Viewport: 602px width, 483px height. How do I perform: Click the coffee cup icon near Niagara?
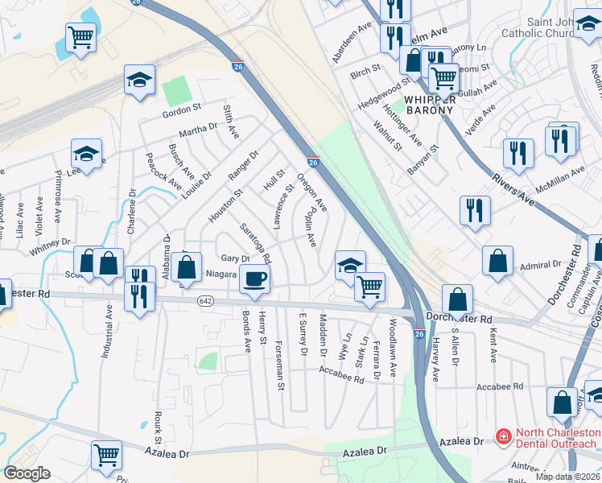(255, 279)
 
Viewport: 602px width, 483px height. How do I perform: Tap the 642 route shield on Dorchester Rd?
(206, 301)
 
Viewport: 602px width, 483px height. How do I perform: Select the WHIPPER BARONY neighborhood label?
(419, 105)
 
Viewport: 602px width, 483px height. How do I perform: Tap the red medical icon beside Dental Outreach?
(503, 437)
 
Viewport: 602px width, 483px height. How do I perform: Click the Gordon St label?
(182, 108)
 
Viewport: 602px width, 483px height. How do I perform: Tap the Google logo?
(27, 473)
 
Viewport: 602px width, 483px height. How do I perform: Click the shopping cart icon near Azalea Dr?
(106, 453)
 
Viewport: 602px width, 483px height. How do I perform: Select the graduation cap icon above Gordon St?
(139, 79)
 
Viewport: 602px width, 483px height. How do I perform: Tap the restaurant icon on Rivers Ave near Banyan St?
(475, 209)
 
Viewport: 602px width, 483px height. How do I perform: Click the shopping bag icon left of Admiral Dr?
(498, 259)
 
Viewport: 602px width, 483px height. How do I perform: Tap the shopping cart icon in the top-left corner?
(80, 36)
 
